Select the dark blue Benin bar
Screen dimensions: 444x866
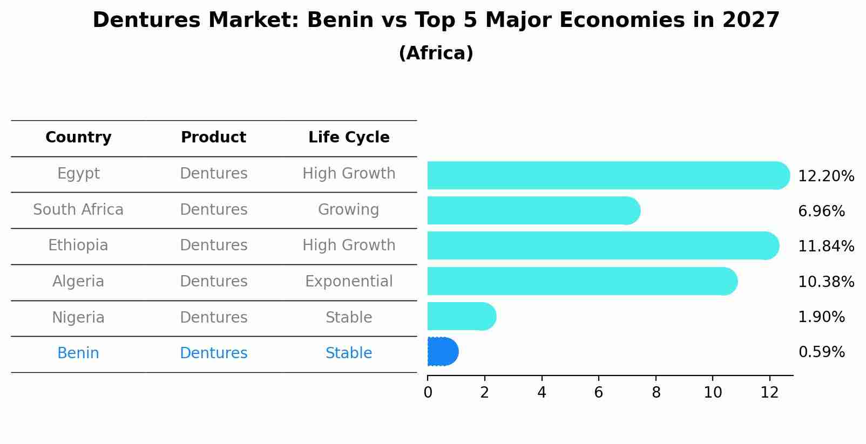pyautogui.click(x=442, y=352)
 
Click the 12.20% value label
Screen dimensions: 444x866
pyautogui.click(x=826, y=176)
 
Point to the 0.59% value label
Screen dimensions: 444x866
pyautogui.click(x=821, y=352)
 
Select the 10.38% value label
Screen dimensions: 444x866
pyautogui.click(x=826, y=282)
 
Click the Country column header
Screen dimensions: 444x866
pyautogui.click(x=78, y=138)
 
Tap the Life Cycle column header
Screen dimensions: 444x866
pyautogui.click(x=349, y=138)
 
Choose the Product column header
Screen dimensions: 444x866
pyautogui.click(x=213, y=138)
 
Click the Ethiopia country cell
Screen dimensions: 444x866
pyautogui.click(x=78, y=245)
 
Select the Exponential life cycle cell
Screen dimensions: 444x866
pyautogui.click(x=349, y=282)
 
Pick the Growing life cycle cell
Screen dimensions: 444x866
pyautogui.click(x=349, y=209)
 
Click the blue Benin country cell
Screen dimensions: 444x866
pyautogui.click(x=78, y=353)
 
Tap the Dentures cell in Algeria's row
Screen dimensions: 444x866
pyautogui.click(x=213, y=282)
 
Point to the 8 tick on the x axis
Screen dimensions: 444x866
pyautogui.click(x=656, y=393)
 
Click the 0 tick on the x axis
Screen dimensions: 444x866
pyautogui.click(x=428, y=393)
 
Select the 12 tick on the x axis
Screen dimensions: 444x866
pyautogui.click(x=770, y=393)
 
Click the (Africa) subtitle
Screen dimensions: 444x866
pyautogui.click(x=436, y=53)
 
